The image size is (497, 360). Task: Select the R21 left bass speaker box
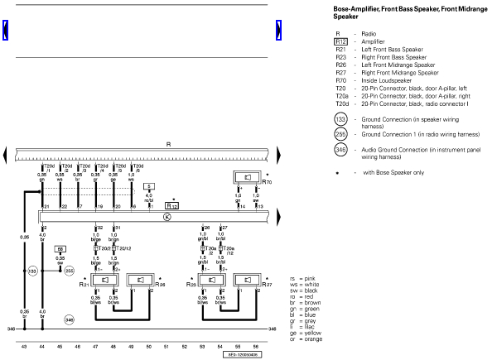(106, 279)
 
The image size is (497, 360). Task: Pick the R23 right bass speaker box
(214, 279)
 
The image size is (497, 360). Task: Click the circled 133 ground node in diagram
(33, 271)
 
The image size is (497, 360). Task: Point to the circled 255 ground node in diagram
(70, 271)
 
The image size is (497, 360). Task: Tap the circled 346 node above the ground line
(70, 319)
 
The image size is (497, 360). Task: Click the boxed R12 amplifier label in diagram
(171, 204)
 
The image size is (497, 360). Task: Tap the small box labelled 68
(60, 248)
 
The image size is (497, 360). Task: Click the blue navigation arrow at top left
(7, 31)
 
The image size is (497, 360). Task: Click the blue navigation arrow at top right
(280, 31)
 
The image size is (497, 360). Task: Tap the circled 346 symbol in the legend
(340, 150)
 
